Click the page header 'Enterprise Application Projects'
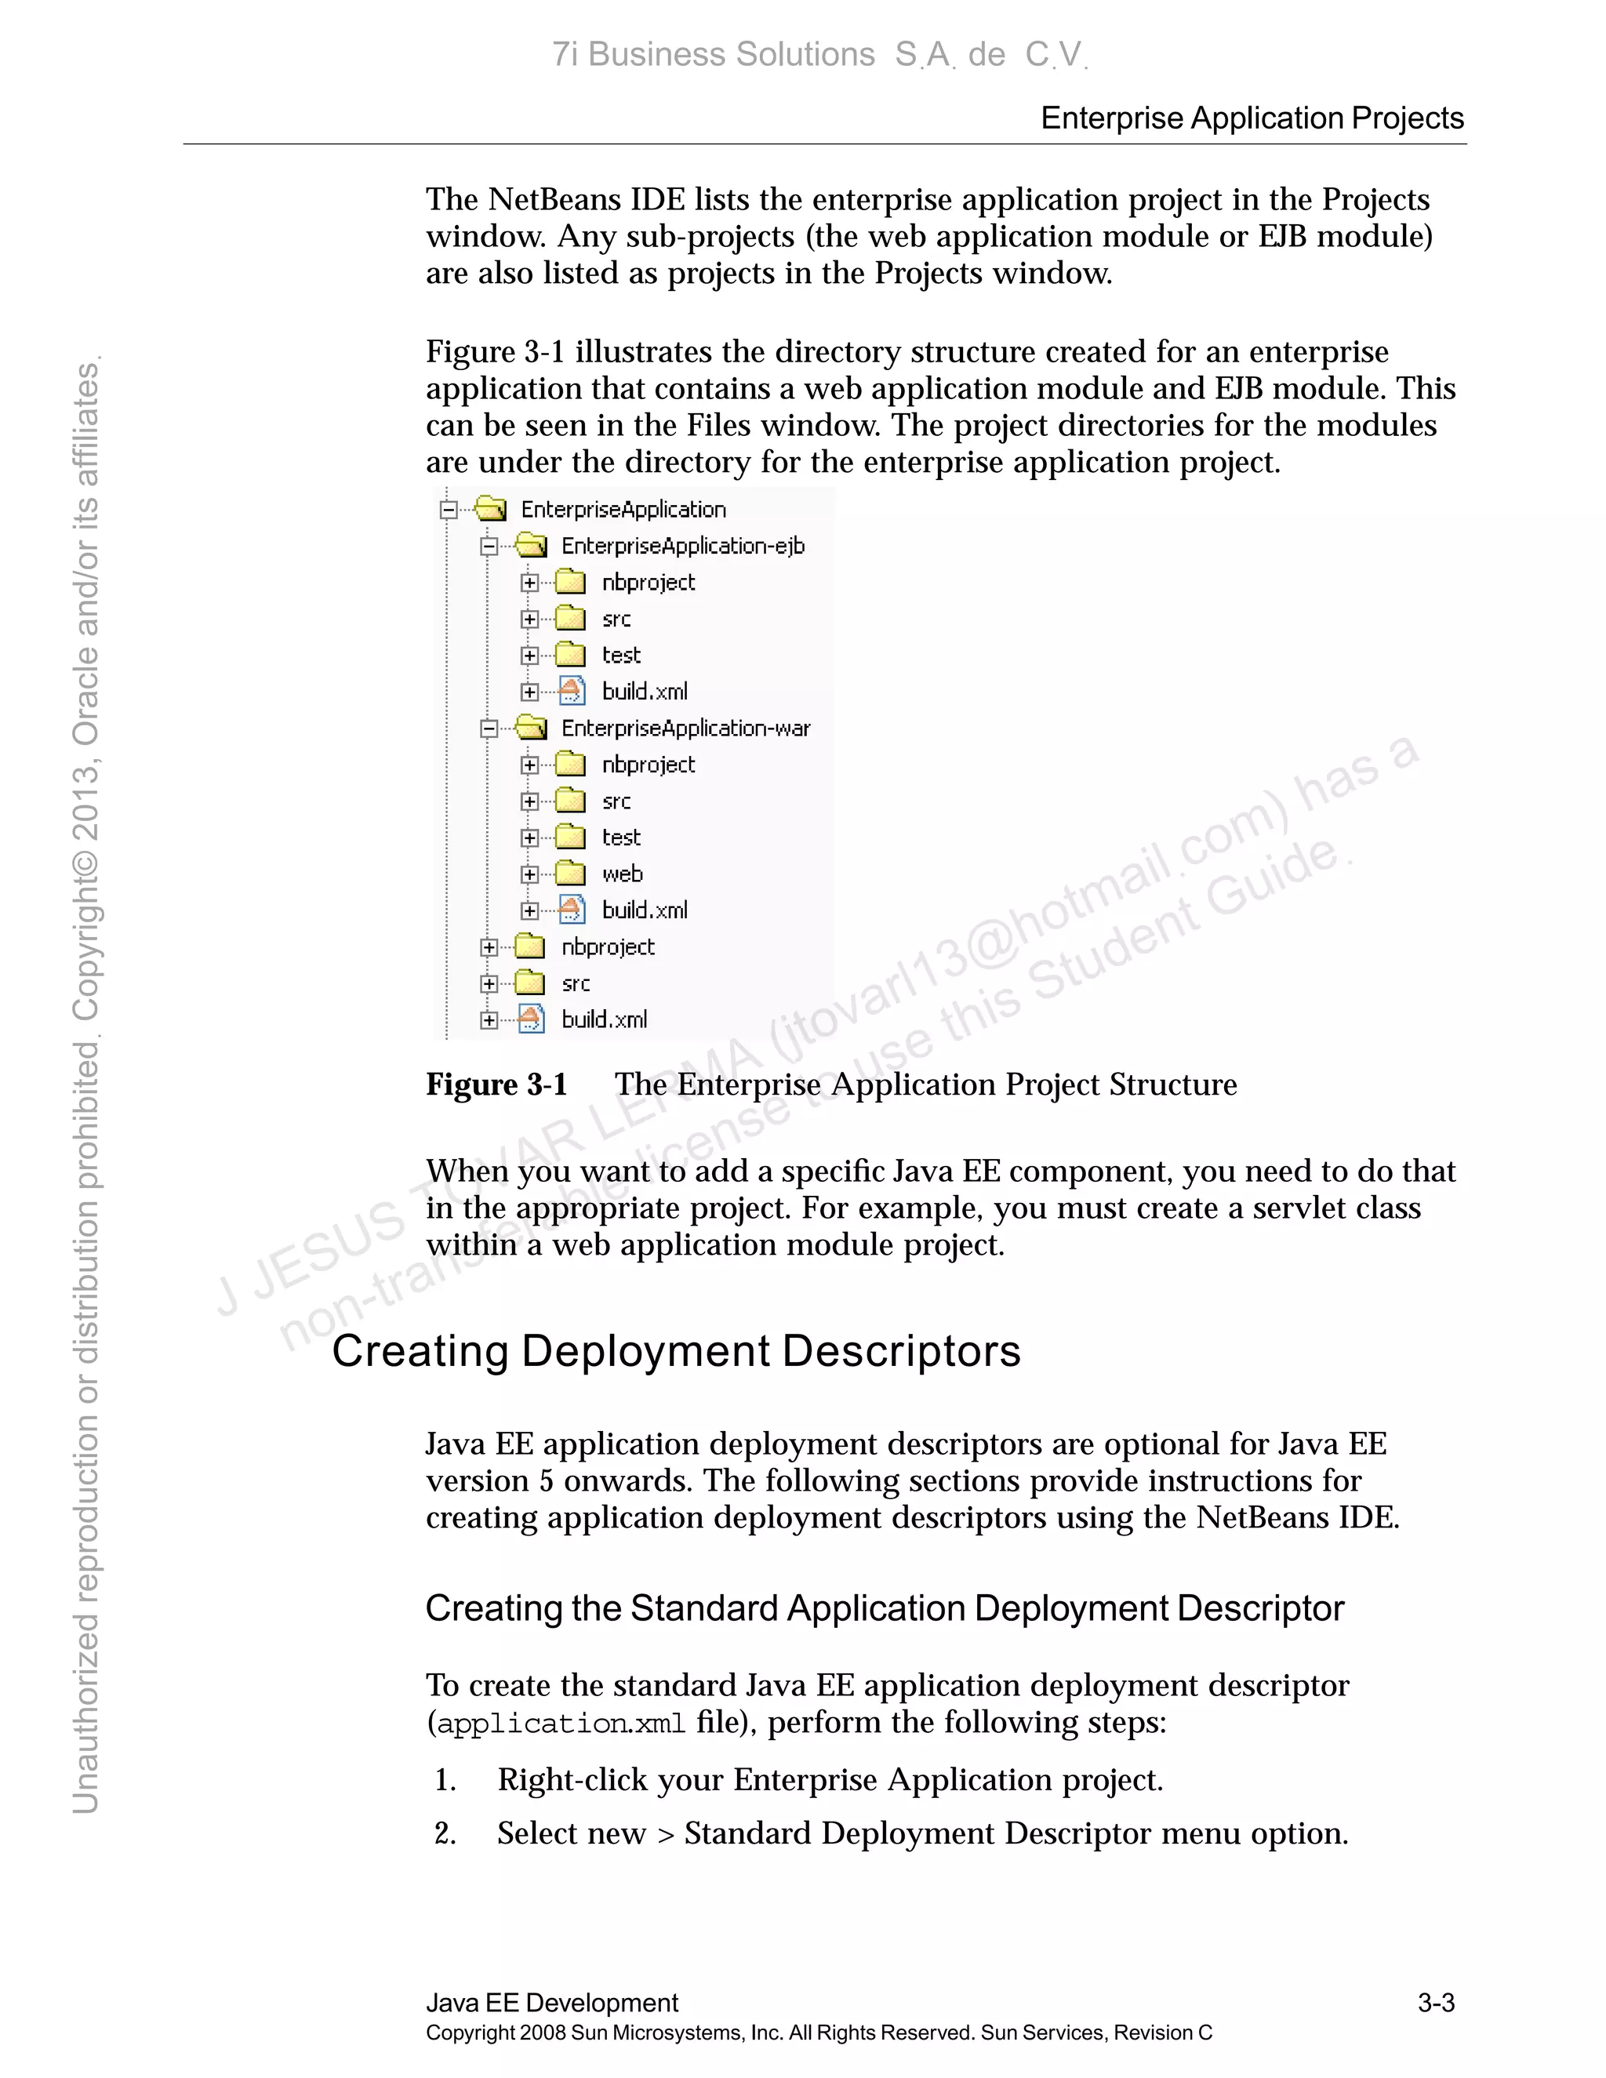[1252, 118]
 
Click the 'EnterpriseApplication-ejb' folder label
[682, 546]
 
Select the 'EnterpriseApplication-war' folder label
[685, 728]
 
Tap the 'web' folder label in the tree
[622, 874]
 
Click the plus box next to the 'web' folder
[530, 874]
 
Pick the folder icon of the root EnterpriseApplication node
[491, 509]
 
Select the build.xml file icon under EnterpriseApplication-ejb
[571, 691]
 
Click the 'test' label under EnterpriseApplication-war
[621, 838]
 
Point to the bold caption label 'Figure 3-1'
[496, 1084]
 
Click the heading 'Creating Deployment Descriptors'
[675, 1351]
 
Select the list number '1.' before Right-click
[445, 1780]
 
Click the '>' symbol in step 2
[665, 1834]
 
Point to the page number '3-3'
[1436, 2003]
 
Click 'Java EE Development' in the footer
[552, 2003]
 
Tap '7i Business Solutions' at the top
[714, 55]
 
